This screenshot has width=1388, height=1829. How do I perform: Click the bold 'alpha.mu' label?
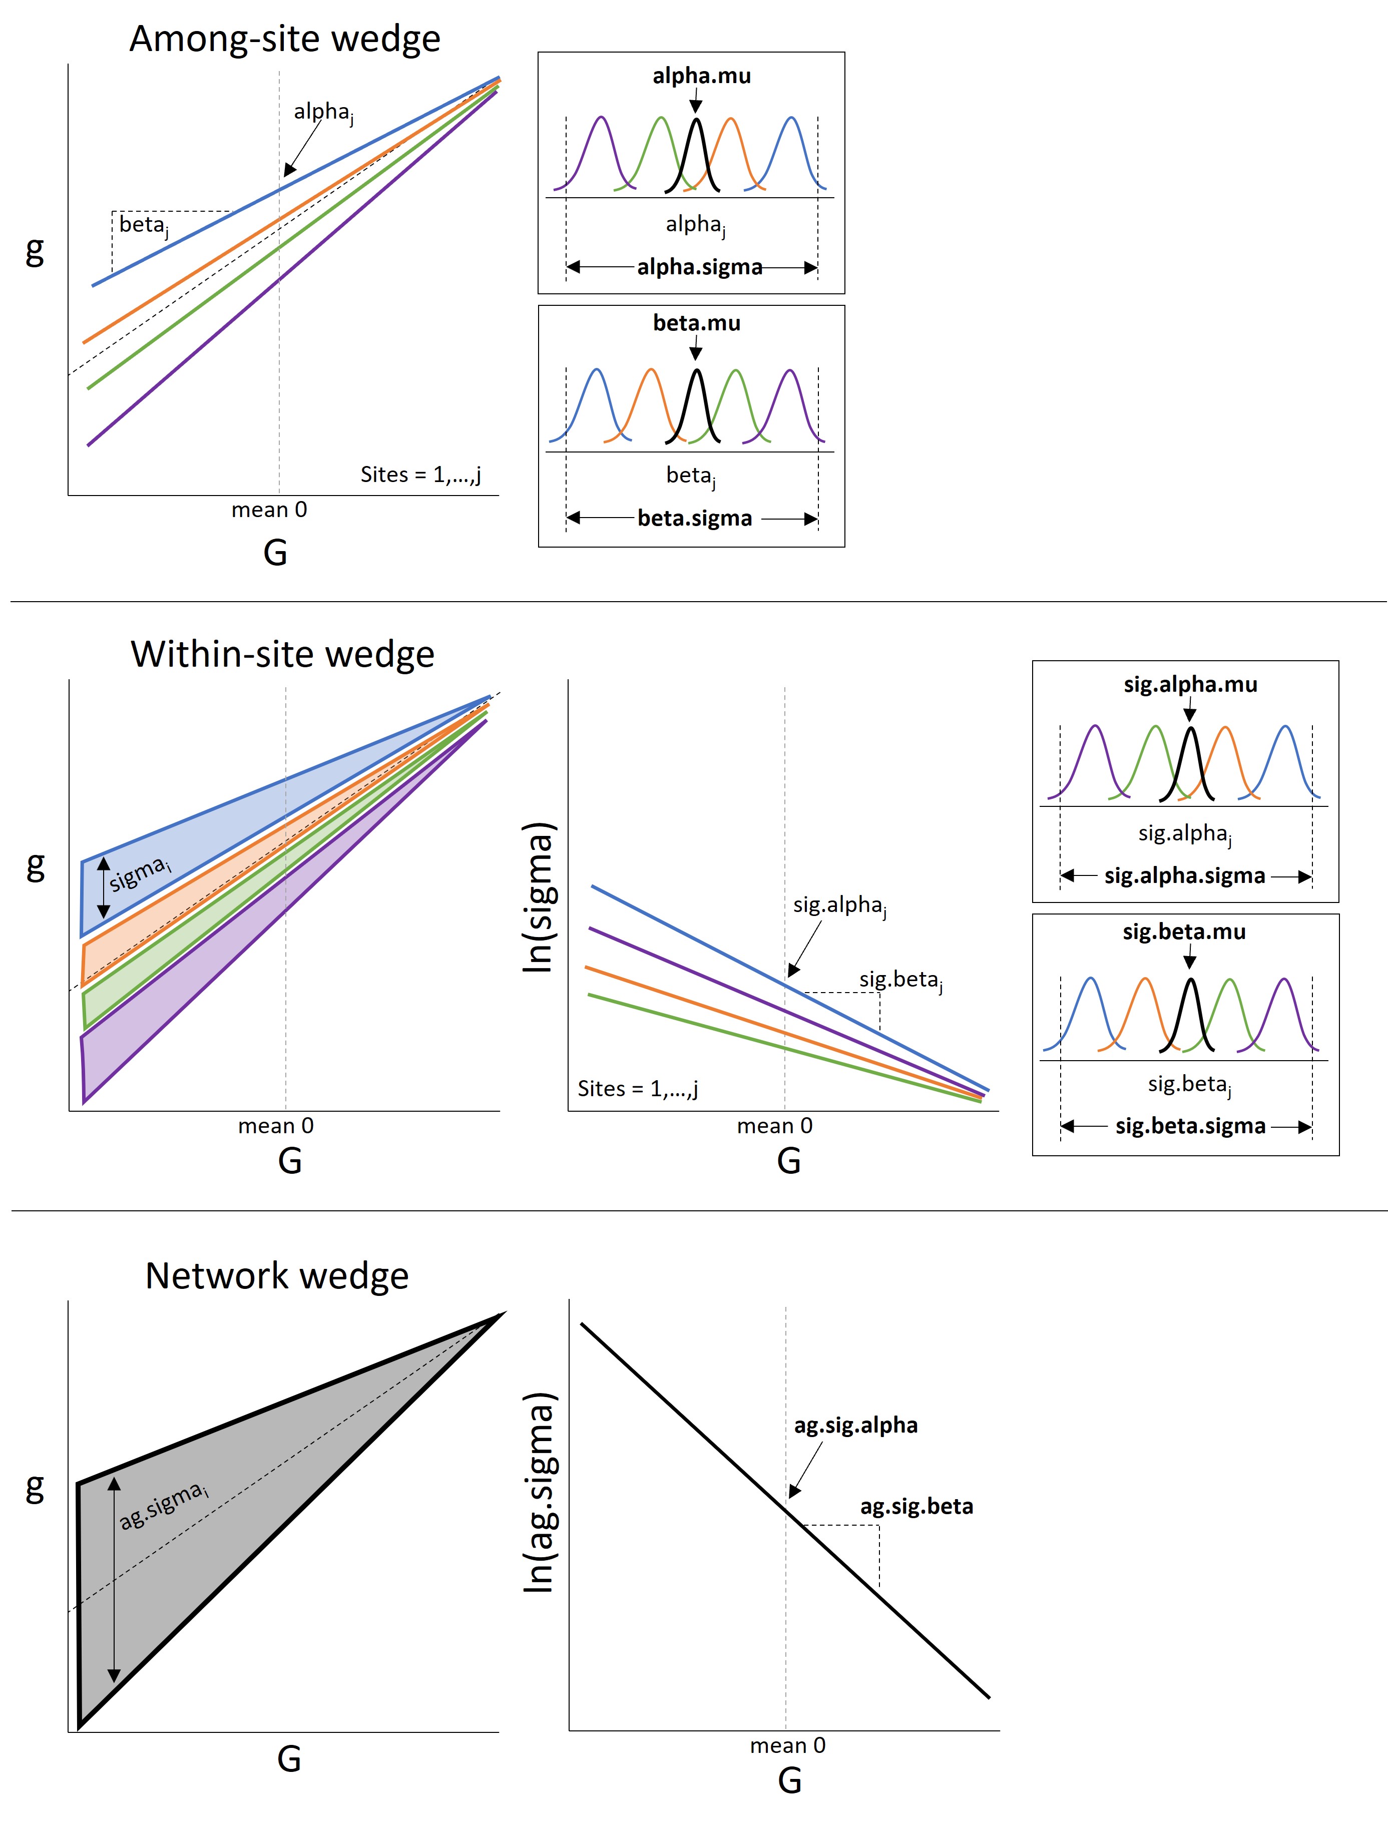pyautogui.click(x=701, y=76)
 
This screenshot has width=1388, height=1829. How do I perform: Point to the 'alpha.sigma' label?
pyautogui.click(x=699, y=267)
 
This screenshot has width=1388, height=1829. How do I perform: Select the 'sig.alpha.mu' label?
pyautogui.click(x=1190, y=685)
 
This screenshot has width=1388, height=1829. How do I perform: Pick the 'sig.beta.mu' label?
pyautogui.click(x=1184, y=932)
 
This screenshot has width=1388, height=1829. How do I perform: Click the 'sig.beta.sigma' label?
pyautogui.click(x=1190, y=1126)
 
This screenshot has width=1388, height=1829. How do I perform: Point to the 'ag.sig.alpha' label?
pyautogui.click(x=855, y=1426)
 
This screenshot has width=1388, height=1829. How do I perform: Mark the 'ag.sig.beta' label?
pyautogui.click(x=916, y=1507)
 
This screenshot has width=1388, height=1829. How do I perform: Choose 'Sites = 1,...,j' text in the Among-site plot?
pyautogui.click(x=420, y=475)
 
